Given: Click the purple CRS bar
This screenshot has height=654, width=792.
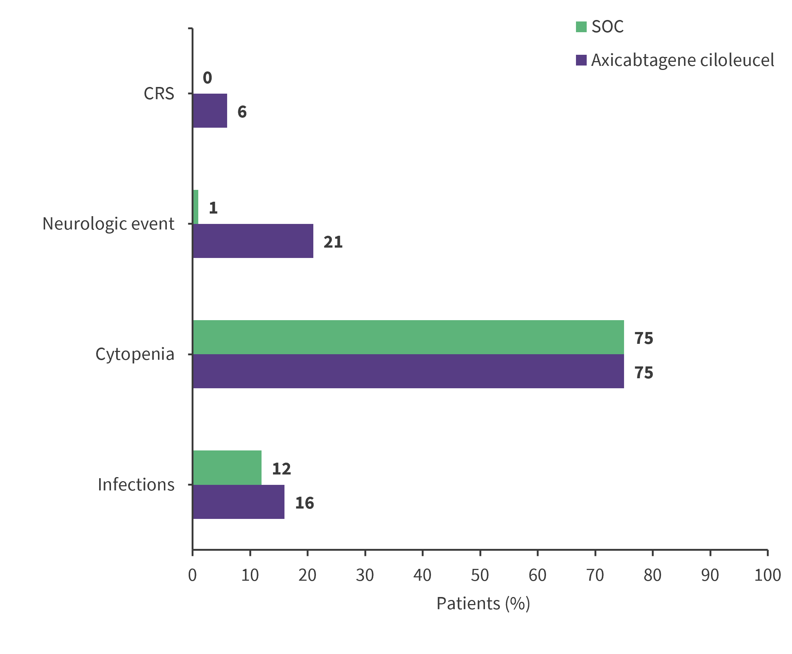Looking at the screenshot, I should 210,110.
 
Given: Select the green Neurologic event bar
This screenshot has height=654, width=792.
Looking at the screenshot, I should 195,207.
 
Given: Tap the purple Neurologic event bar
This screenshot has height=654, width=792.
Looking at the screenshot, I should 253,241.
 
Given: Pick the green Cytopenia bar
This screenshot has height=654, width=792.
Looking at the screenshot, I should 408,337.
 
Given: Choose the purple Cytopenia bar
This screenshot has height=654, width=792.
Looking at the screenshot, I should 408,371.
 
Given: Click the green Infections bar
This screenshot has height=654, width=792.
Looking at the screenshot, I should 227,467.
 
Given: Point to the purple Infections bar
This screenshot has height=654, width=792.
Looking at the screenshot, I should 238,502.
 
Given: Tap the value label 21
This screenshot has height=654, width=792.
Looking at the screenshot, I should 333,242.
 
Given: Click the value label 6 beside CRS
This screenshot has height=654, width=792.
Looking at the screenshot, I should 242,112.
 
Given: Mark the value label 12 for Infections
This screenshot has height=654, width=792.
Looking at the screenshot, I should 281,469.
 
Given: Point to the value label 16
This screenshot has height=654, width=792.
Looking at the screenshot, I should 304,503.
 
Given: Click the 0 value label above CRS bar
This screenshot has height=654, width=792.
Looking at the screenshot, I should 207,78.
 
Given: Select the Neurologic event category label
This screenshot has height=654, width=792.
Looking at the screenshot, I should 108,224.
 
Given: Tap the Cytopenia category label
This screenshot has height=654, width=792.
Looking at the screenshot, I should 135,354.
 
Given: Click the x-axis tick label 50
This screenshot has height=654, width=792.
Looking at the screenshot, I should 479,575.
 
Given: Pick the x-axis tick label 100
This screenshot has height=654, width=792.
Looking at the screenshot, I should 767,575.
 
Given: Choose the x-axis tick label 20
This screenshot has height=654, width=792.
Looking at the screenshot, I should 307,575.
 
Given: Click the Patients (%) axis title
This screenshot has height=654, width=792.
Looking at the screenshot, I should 483,604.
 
